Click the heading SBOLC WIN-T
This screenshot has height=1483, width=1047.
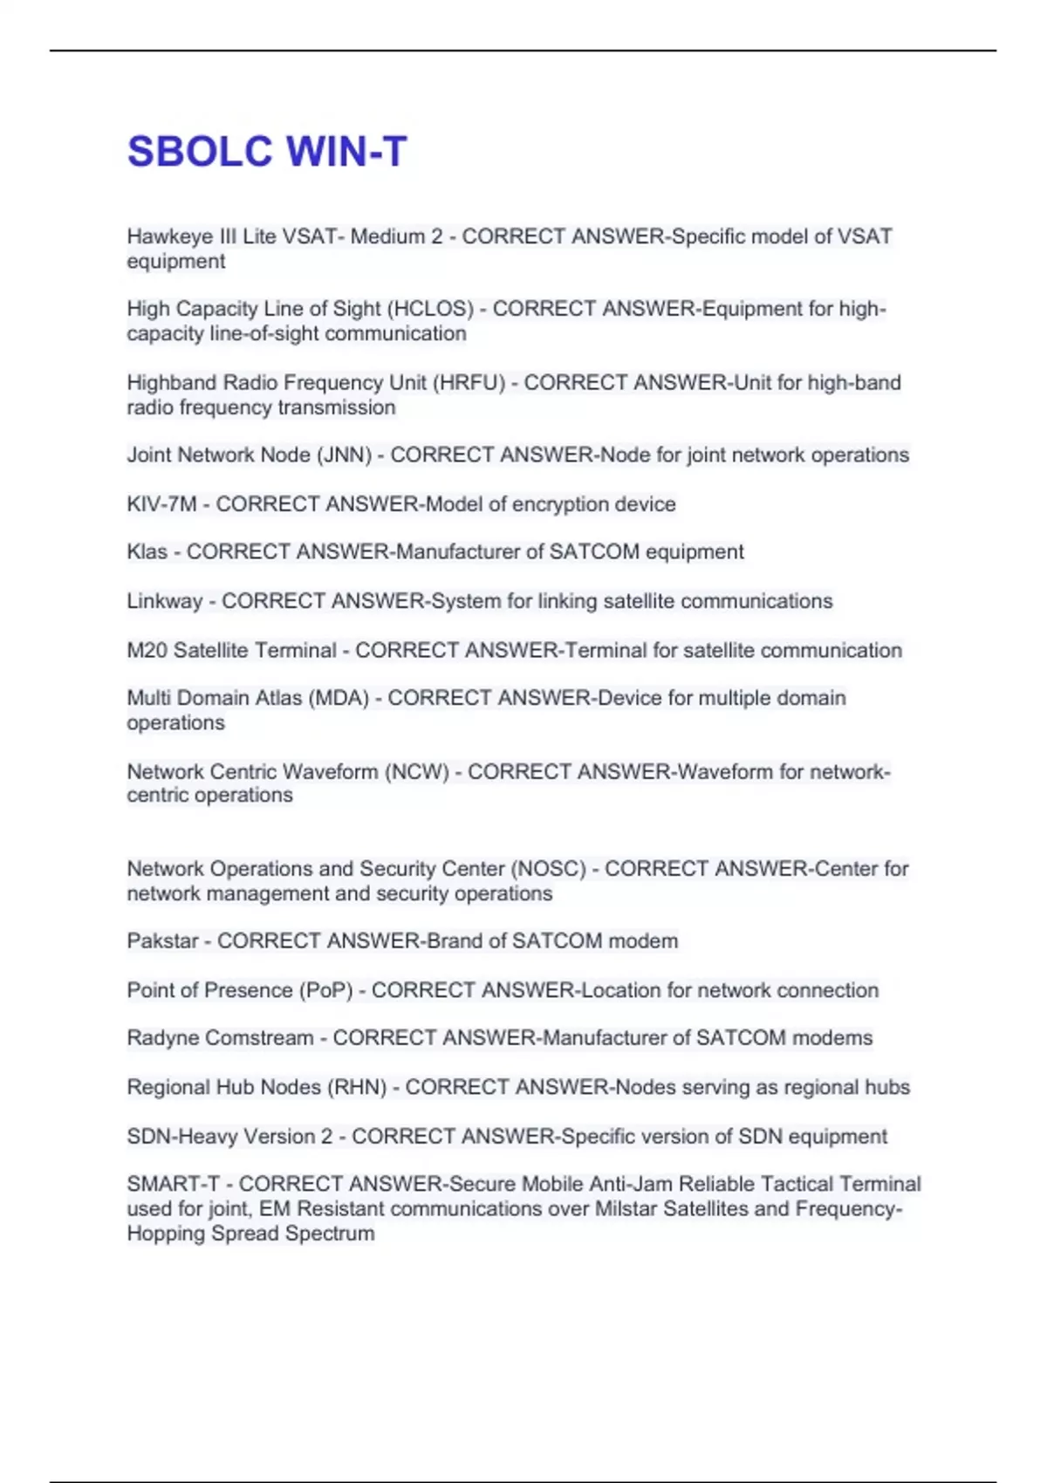[x=267, y=152]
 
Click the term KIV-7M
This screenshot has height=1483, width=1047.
[x=161, y=504]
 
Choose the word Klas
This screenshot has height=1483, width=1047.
[x=147, y=552]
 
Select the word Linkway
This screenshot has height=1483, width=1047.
[x=164, y=602]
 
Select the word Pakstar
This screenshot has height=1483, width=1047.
[x=162, y=941]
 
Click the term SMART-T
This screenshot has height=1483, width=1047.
[x=173, y=1185]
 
